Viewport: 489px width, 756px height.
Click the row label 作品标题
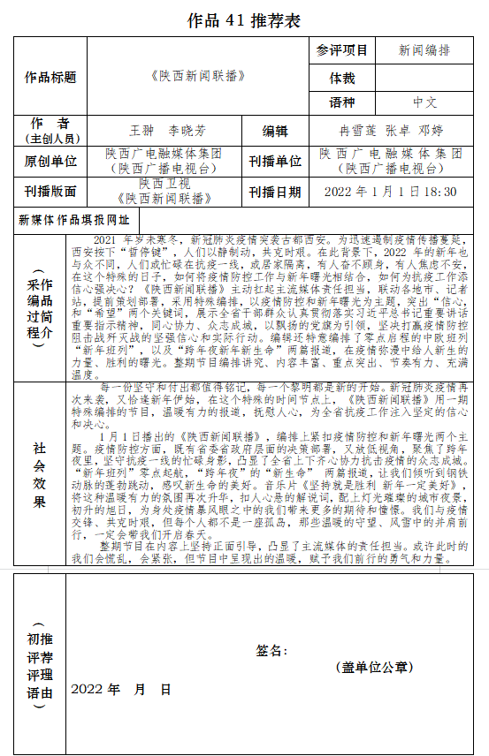[50, 77]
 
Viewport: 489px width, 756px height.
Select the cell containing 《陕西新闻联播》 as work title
[197, 77]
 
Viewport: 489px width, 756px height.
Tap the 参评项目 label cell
[341, 51]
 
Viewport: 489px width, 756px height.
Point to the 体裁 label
[341, 78]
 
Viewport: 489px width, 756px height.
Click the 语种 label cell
[341, 103]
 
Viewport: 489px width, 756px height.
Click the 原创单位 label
[50, 162]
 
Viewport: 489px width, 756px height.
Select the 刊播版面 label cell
[50, 191]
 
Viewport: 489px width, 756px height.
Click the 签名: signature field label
[271, 651]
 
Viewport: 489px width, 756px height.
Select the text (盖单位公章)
[374, 668]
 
